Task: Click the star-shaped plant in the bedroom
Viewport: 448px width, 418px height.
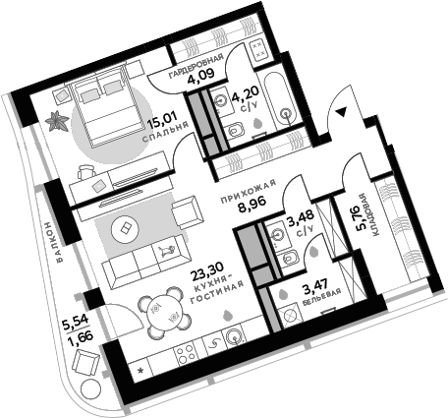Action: [54, 121]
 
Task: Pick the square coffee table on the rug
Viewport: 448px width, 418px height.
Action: [127, 228]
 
